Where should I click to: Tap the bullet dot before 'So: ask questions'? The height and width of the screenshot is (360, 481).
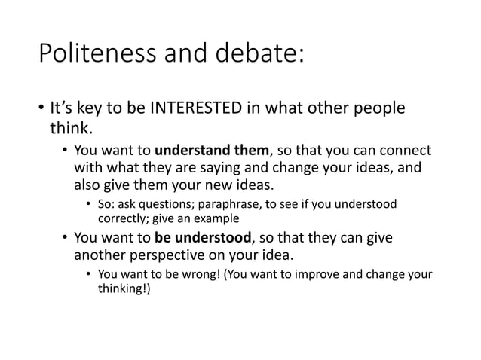pos(88,205)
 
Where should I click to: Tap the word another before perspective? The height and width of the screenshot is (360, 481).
pos(98,256)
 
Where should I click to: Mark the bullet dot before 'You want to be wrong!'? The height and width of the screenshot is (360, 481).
pos(88,274)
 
